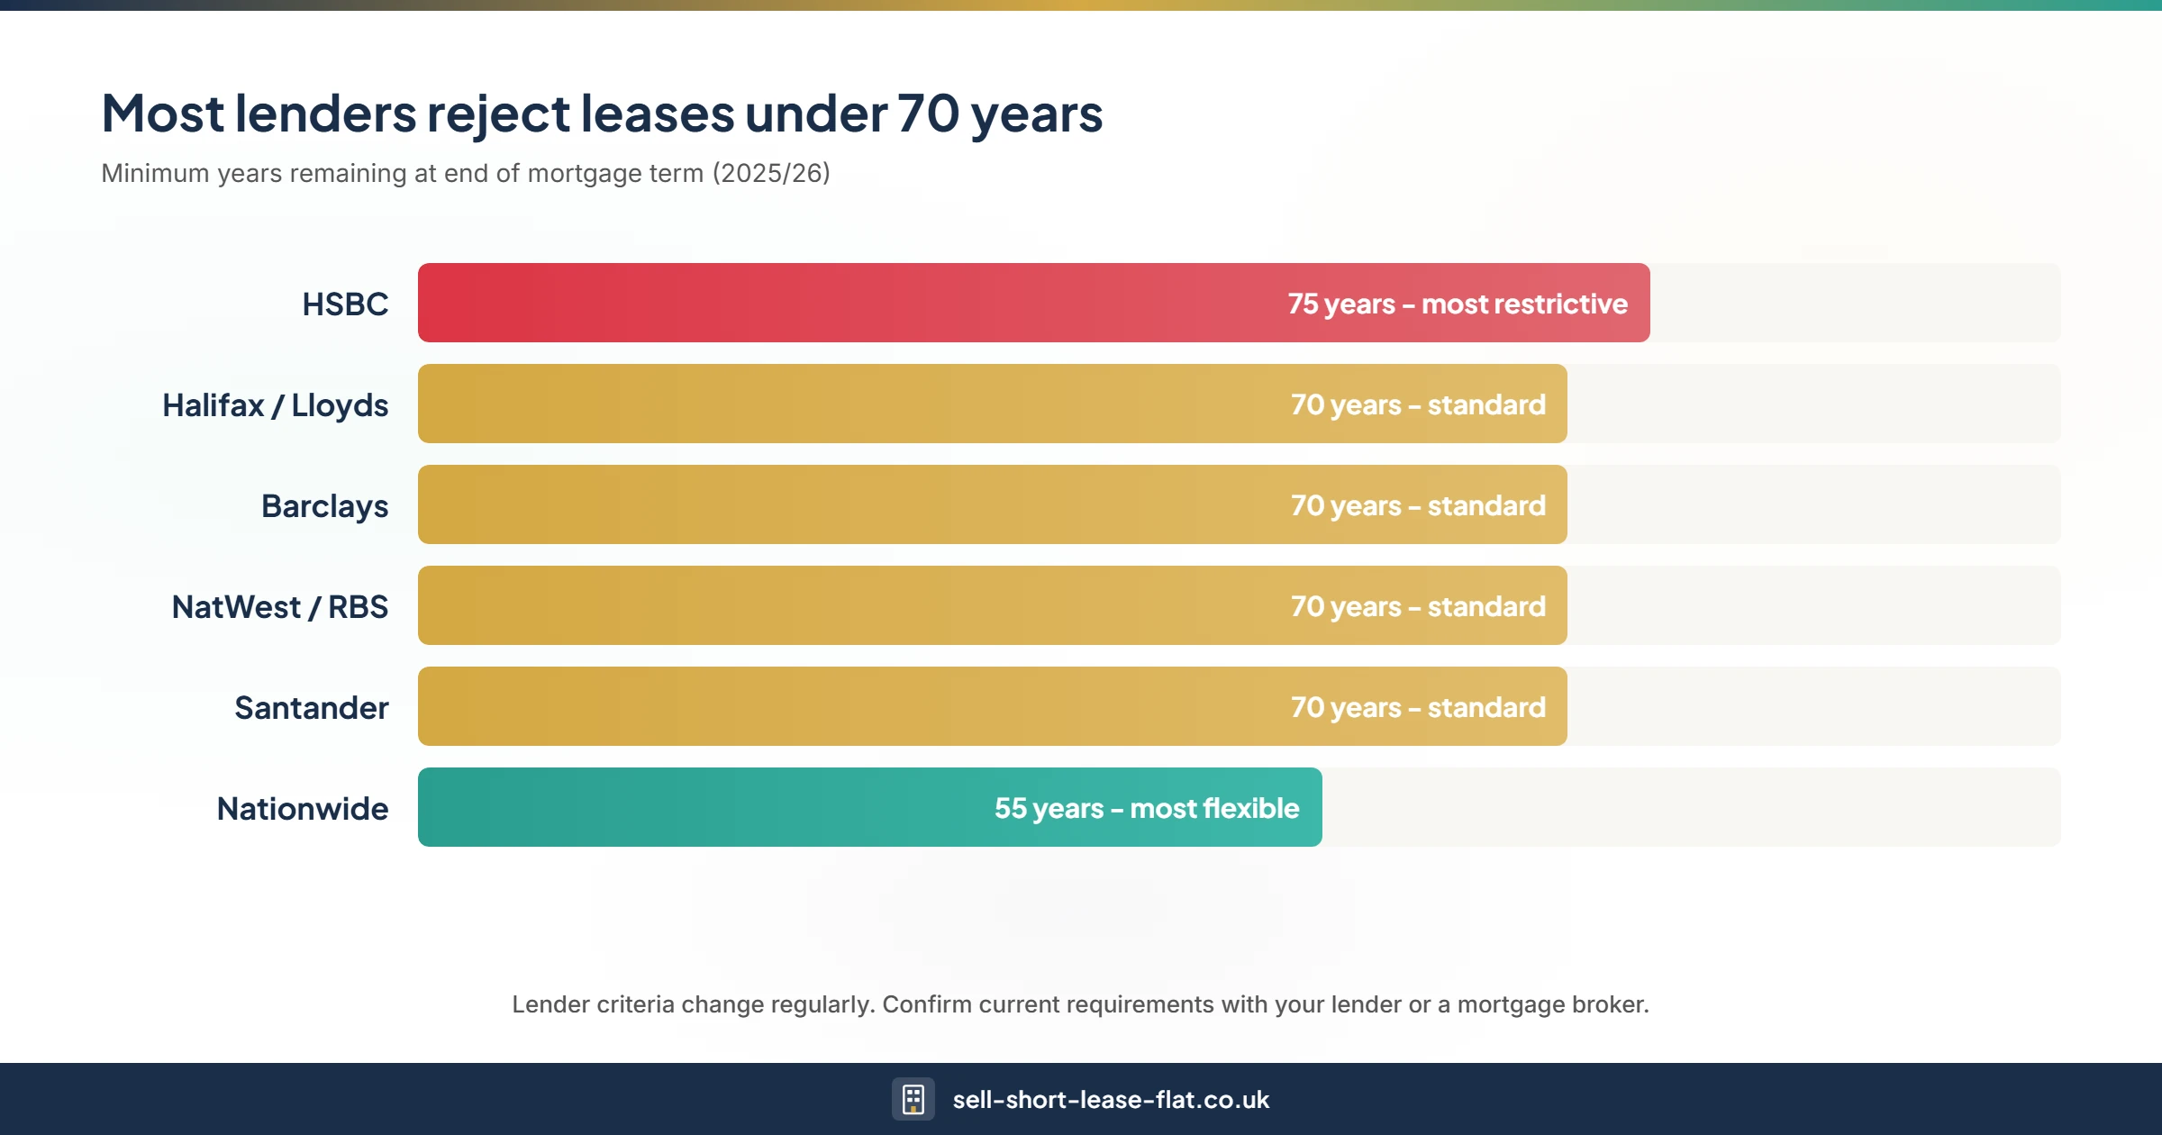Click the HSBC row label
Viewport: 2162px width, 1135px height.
345,304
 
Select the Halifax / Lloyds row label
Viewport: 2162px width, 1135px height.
275,405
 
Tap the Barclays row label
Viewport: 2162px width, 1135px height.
324,506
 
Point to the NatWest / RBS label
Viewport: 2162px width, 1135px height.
279,607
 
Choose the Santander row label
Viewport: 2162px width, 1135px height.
311,708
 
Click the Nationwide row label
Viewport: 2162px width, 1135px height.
302,809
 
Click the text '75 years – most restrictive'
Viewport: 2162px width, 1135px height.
1457,304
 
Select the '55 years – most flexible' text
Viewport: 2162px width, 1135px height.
1146,809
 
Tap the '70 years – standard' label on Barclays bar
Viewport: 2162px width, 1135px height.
1418,506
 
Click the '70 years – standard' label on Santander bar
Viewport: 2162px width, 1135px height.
1418,708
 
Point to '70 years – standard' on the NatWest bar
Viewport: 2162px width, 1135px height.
1418,607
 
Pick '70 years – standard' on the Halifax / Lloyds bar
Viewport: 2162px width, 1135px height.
1418,405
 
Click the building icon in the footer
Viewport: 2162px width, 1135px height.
913,1099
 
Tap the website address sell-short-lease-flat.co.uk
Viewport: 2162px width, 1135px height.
1110,1100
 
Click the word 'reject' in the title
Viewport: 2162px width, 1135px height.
497,114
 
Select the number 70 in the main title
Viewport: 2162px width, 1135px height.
928,114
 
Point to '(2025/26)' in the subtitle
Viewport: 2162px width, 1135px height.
771,173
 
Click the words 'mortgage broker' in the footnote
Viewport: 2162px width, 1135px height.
1551,1004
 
